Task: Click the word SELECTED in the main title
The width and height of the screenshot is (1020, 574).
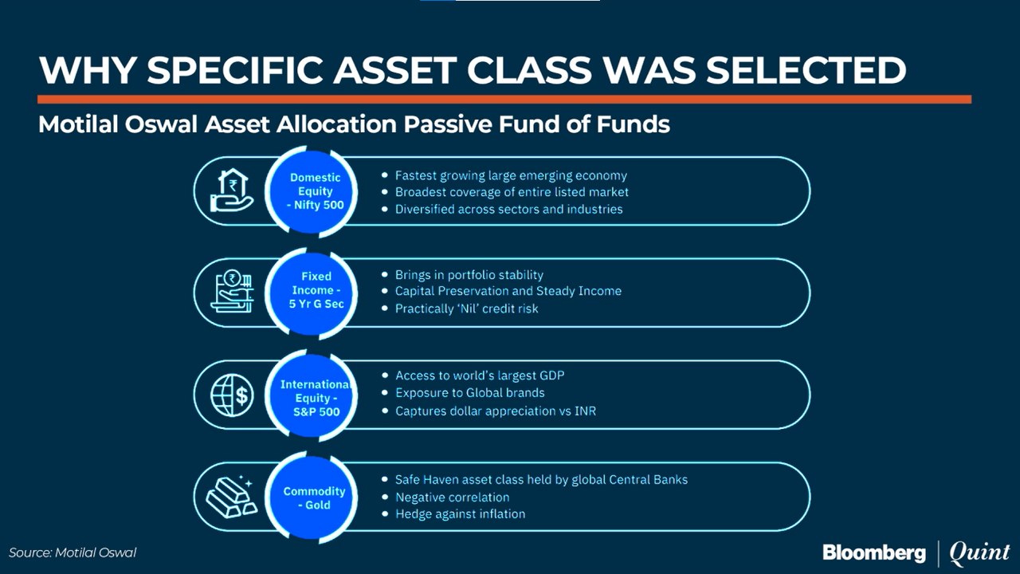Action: [x=806, y=71]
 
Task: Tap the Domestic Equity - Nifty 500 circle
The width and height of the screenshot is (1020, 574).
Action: [x=312, y=192]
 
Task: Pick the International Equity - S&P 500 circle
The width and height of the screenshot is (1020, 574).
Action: [x=312, y=395]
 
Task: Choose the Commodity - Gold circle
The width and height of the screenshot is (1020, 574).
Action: [x=312, y=497]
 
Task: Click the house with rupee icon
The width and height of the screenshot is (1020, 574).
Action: [x=232, y=191]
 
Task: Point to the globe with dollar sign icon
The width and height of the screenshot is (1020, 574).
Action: [x=232, y=395]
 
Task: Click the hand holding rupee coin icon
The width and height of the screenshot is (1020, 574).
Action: [x=232, y=291]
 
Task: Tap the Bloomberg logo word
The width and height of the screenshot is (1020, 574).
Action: [x=874, y=553]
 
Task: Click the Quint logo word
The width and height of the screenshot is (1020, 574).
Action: [x=979, y=552]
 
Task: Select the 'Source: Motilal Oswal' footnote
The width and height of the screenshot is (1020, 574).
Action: [x=73, y=553]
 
